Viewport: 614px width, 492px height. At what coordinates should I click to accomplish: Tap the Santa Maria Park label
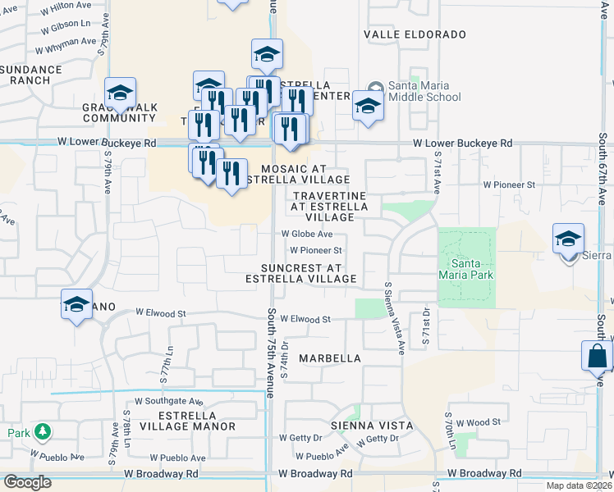pos(471,270)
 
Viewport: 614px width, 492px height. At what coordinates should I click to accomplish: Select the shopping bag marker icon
pos(597,357)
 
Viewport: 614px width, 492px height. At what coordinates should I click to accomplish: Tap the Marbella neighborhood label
pos(330,358)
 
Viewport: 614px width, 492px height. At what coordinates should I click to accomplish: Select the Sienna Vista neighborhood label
pos(364,426)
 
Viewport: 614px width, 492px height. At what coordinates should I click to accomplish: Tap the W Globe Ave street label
pos(306,234)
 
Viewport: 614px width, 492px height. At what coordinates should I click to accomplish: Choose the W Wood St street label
pos(479,422)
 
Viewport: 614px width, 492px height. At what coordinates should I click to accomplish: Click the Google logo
pos(28,482)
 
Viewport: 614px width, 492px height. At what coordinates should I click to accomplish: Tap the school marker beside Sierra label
pos(568,239)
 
